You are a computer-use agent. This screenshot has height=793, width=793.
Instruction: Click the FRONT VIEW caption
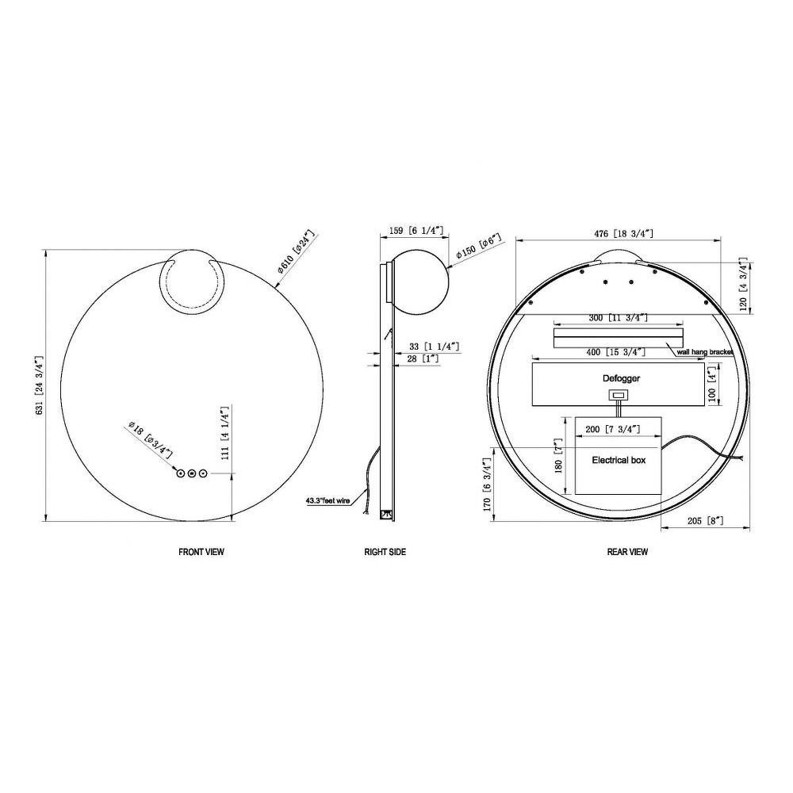click(x=201, y=552)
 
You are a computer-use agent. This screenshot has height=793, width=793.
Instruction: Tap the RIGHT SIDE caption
click(x=385, y=552)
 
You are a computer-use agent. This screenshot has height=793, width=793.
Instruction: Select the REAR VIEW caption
click(x=627, y=552)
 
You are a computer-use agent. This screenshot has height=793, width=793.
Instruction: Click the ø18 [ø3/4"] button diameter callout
click(x=151, y=439)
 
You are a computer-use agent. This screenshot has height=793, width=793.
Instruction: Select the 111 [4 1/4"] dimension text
click(x=225, y=432)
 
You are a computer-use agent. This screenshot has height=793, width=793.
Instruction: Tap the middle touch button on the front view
click(x=191, y=473)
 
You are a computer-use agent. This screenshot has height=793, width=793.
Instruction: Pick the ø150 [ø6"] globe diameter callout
click(x=478, y=247)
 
